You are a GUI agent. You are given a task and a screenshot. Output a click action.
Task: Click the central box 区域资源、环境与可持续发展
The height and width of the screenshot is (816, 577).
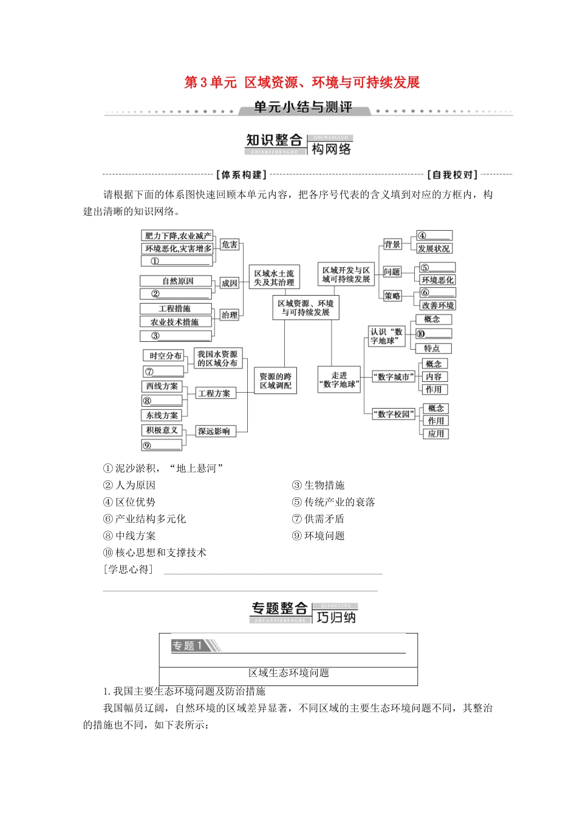306,308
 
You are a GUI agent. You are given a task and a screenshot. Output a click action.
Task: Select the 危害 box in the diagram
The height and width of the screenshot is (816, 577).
230,245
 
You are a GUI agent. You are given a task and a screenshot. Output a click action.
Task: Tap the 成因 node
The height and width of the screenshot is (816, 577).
230,283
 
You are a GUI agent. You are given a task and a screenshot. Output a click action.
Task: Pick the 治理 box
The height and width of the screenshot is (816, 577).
230,315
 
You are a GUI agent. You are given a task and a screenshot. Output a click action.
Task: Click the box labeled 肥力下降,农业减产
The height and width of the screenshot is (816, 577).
178,236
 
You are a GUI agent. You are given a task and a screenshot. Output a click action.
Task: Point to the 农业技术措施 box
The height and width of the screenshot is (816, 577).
176,322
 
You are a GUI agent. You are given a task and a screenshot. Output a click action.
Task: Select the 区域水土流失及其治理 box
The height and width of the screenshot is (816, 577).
274,278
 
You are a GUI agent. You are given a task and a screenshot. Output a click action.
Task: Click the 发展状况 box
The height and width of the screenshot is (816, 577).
434,249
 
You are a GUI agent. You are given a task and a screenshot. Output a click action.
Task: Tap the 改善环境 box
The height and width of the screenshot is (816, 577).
437,305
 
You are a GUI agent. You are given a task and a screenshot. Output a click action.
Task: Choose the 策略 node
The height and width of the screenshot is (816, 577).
392,296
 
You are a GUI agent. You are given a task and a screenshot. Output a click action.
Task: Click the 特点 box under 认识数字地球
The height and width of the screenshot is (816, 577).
432,348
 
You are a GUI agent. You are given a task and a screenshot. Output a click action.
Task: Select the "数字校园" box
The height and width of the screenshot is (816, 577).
394,414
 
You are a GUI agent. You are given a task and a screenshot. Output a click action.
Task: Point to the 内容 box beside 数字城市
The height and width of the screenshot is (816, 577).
434,377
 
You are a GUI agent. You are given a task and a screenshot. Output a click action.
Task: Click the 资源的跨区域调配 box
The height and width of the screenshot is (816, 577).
276,381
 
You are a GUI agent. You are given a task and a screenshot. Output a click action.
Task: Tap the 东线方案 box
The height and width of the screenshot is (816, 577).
162,415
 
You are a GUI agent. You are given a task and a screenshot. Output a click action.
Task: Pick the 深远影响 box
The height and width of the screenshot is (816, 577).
214,431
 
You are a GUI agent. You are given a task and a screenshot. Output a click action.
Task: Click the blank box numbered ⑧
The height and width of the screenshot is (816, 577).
162,401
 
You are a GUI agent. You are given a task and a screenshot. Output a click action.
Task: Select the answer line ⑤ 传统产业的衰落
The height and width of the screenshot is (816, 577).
333,502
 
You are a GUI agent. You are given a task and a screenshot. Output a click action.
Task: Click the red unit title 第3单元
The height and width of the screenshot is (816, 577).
210,83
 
